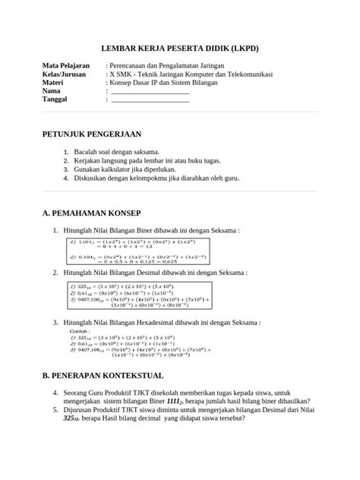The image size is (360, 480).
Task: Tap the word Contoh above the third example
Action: pos(79,332)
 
